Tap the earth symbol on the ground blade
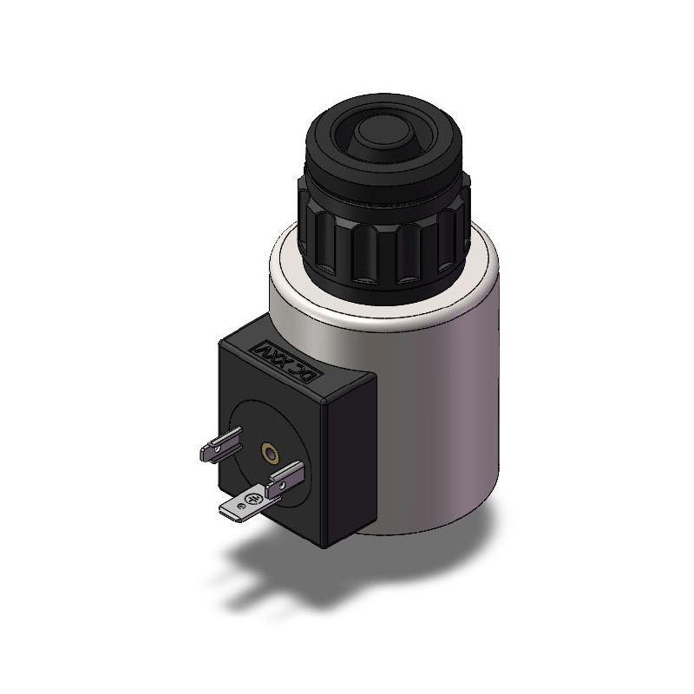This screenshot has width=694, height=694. [252, 501]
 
